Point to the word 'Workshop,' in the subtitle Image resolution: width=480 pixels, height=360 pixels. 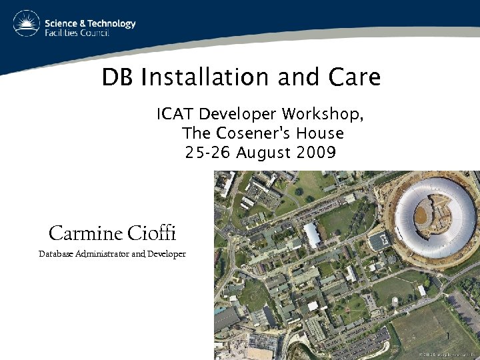point(323,115)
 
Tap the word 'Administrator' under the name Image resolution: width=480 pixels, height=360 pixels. point(103,254)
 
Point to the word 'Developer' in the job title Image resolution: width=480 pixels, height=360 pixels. point(167,254)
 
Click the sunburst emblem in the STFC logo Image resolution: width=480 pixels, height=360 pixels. point(25,24)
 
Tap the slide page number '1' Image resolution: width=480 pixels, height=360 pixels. point(449,335)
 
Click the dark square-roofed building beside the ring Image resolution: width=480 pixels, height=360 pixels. point(379,241)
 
